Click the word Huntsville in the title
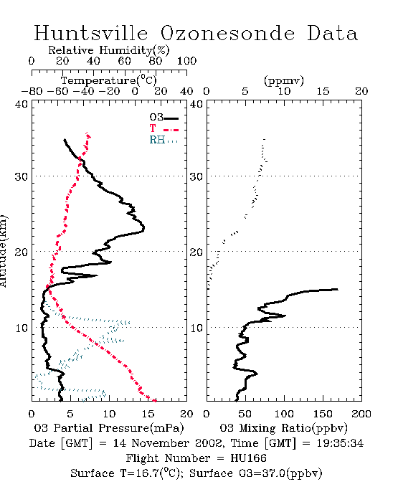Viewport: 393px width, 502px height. coord(91,33)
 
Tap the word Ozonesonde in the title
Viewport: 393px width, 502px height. coord(227,33)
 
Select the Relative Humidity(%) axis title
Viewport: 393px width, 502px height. coord(109,50)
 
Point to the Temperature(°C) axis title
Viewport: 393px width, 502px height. coord(109,80)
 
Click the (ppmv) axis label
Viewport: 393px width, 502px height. coord(284,80)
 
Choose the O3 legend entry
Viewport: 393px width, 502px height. coord(164,118)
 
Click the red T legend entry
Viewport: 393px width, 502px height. coord(164,128)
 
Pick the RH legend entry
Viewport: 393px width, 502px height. coord(164,140)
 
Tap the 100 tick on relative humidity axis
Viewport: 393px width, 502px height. coord(186,61)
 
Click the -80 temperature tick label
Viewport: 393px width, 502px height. coord(32,91)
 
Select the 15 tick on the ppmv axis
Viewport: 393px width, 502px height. coord(323,91)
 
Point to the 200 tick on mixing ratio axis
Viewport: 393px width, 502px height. coord(361,414)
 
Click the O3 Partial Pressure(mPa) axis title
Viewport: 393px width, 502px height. coord(109,428)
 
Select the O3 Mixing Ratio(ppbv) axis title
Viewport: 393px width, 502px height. coord(283,428)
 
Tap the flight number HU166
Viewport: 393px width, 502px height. coord(248,458)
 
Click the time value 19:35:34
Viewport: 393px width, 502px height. coord(340,443)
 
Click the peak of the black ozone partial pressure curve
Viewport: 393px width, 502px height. coord(144,228)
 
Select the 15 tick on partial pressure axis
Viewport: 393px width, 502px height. coord(148,414)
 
